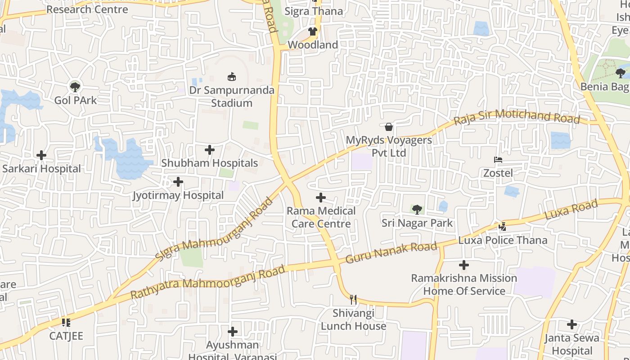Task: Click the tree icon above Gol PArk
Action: pos(75,87)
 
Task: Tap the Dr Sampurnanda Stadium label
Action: pos(232,96)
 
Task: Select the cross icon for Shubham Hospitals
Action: pos(210,150)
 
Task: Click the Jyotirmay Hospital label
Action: pos(178,195)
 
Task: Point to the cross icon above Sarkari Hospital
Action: pos(41,155)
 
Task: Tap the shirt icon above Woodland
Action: pos(313,31)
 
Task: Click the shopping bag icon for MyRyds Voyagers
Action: pos(389,127)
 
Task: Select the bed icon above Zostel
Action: pos(498,160)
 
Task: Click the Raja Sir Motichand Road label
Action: pos(517,117)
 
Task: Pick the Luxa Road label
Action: pos(571,210)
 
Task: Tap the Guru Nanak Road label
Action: pos(391,253)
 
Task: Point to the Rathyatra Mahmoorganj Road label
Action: pos(207,282)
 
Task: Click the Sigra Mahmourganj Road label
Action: pos(214,229)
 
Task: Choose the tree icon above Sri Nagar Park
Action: pos(417,209)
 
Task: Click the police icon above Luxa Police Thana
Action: pos(503,227)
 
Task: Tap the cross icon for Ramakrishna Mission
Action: pos(464,265)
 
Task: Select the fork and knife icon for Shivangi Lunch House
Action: pos(353,299)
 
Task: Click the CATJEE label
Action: pos(66,336)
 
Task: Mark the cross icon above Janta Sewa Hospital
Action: pos(572,324)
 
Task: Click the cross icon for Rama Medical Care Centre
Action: pos(321,198)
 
